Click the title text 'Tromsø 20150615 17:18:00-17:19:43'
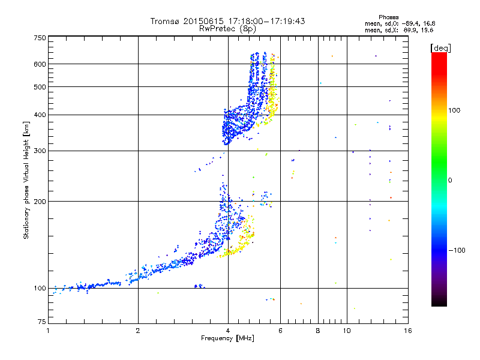tap(227, 21)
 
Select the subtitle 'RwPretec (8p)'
tap(227, 28)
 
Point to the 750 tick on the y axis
tap(40, 37)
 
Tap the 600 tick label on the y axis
tap(40, 64)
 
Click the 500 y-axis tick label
tap(40, 87)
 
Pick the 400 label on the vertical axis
tap(40, 115)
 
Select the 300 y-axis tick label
tap(40, 151)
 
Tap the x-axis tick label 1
tap(48, 331)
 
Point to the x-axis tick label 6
tap(281, 331)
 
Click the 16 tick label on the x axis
tap(407, 331)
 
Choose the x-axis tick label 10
tap(347, 331)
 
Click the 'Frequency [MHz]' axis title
tap(227, 338)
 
